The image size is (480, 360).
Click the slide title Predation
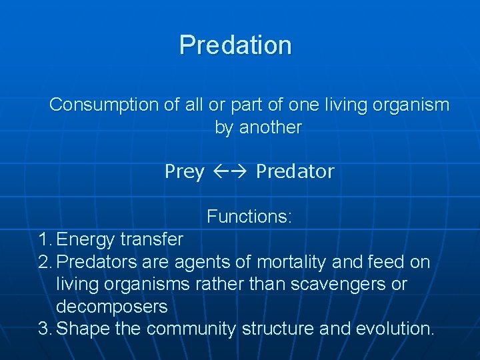coord(235,45)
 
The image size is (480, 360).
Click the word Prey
coord(184,172)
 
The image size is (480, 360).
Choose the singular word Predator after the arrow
coord(295,172)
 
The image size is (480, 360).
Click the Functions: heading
coord(249,217)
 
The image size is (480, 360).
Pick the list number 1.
coord(44,239)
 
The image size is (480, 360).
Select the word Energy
coord(86,239)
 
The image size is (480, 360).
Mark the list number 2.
coord(45,262)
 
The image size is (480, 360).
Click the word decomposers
coord(111,307)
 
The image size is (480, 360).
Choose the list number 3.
coord(45,329)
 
